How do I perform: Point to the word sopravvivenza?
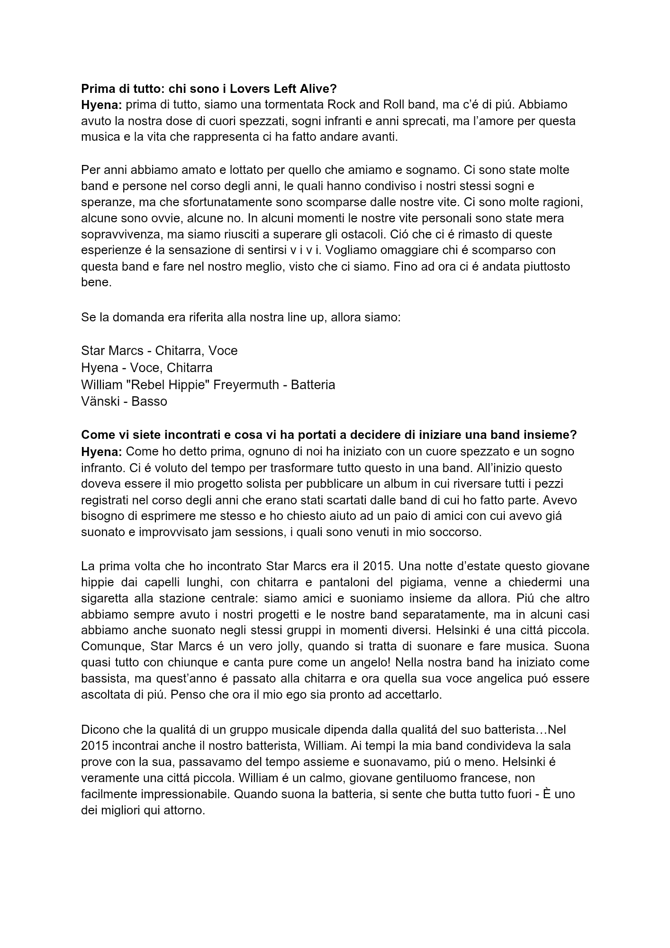coord(119,235)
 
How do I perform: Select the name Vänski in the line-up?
coord(100,401)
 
